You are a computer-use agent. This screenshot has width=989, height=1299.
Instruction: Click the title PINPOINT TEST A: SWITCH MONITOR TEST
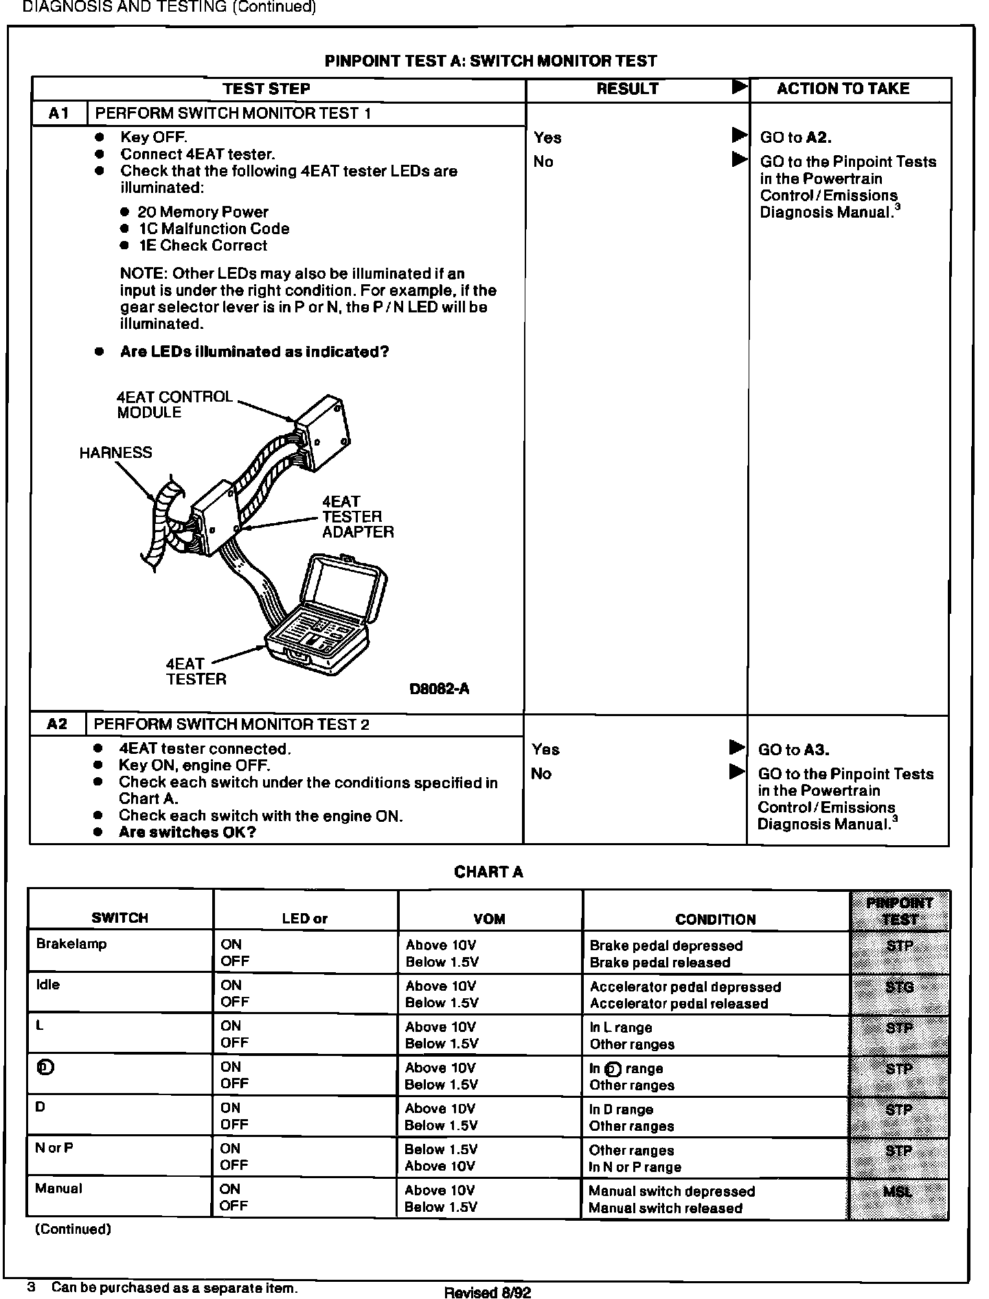pos(490,61)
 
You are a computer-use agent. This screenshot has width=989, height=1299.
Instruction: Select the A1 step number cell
pos(59,114)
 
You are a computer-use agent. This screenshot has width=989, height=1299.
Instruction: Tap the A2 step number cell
pos(58,724)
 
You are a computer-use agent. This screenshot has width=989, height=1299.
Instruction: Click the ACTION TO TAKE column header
pos(843,89)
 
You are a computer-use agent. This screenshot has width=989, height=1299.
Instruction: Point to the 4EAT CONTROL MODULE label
pos(174,404)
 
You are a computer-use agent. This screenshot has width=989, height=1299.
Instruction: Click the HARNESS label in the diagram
pos(115,452)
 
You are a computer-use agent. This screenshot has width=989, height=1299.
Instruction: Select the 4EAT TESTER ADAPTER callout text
pos(357,517)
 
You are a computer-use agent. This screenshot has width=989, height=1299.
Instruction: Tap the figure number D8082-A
pos(439,689)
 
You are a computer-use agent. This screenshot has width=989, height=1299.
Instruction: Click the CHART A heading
pos(488,872)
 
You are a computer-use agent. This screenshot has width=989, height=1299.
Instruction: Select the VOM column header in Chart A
pos(490,919)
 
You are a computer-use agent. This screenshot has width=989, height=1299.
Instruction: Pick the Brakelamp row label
pos(71,944)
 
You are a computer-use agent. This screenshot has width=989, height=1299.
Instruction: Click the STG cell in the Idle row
pos(899,987)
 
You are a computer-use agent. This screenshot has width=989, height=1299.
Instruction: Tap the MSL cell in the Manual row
pos(898,1192)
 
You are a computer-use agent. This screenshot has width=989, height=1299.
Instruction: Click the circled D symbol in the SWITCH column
pos(45,1068)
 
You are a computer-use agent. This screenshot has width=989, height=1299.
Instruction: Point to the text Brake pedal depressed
pos(666,946)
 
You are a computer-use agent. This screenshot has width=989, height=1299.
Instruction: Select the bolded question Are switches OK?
pos(187,832)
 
